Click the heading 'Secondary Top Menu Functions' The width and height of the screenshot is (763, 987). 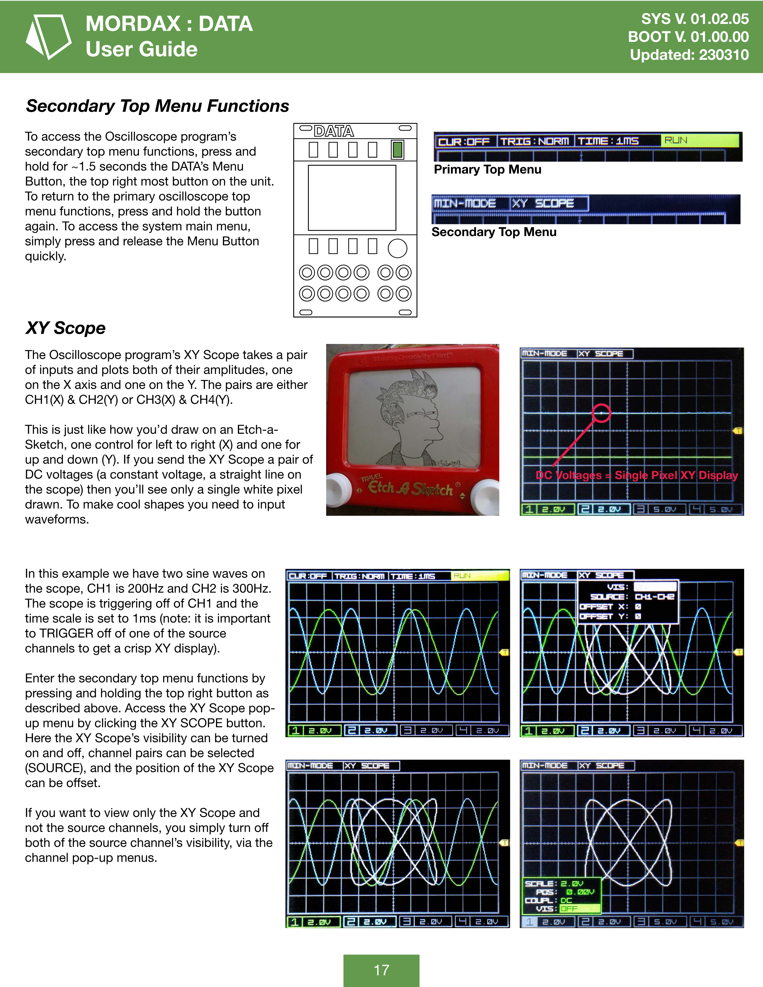click(157, 106)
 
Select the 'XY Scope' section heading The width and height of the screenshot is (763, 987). click(66, 328)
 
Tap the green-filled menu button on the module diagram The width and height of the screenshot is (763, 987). click(397, 150)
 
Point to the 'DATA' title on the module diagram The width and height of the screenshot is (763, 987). click(334, 131)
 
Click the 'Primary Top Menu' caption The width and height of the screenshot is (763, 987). click(487, 170)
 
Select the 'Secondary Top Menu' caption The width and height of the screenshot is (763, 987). click(494, 232)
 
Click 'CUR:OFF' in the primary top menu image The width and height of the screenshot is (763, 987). click(464, 141)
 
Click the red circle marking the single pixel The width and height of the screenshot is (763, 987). click(601, 413)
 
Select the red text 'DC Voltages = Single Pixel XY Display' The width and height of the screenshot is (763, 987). click(636, 476)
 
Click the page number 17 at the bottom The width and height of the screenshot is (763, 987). click(381, 970)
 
